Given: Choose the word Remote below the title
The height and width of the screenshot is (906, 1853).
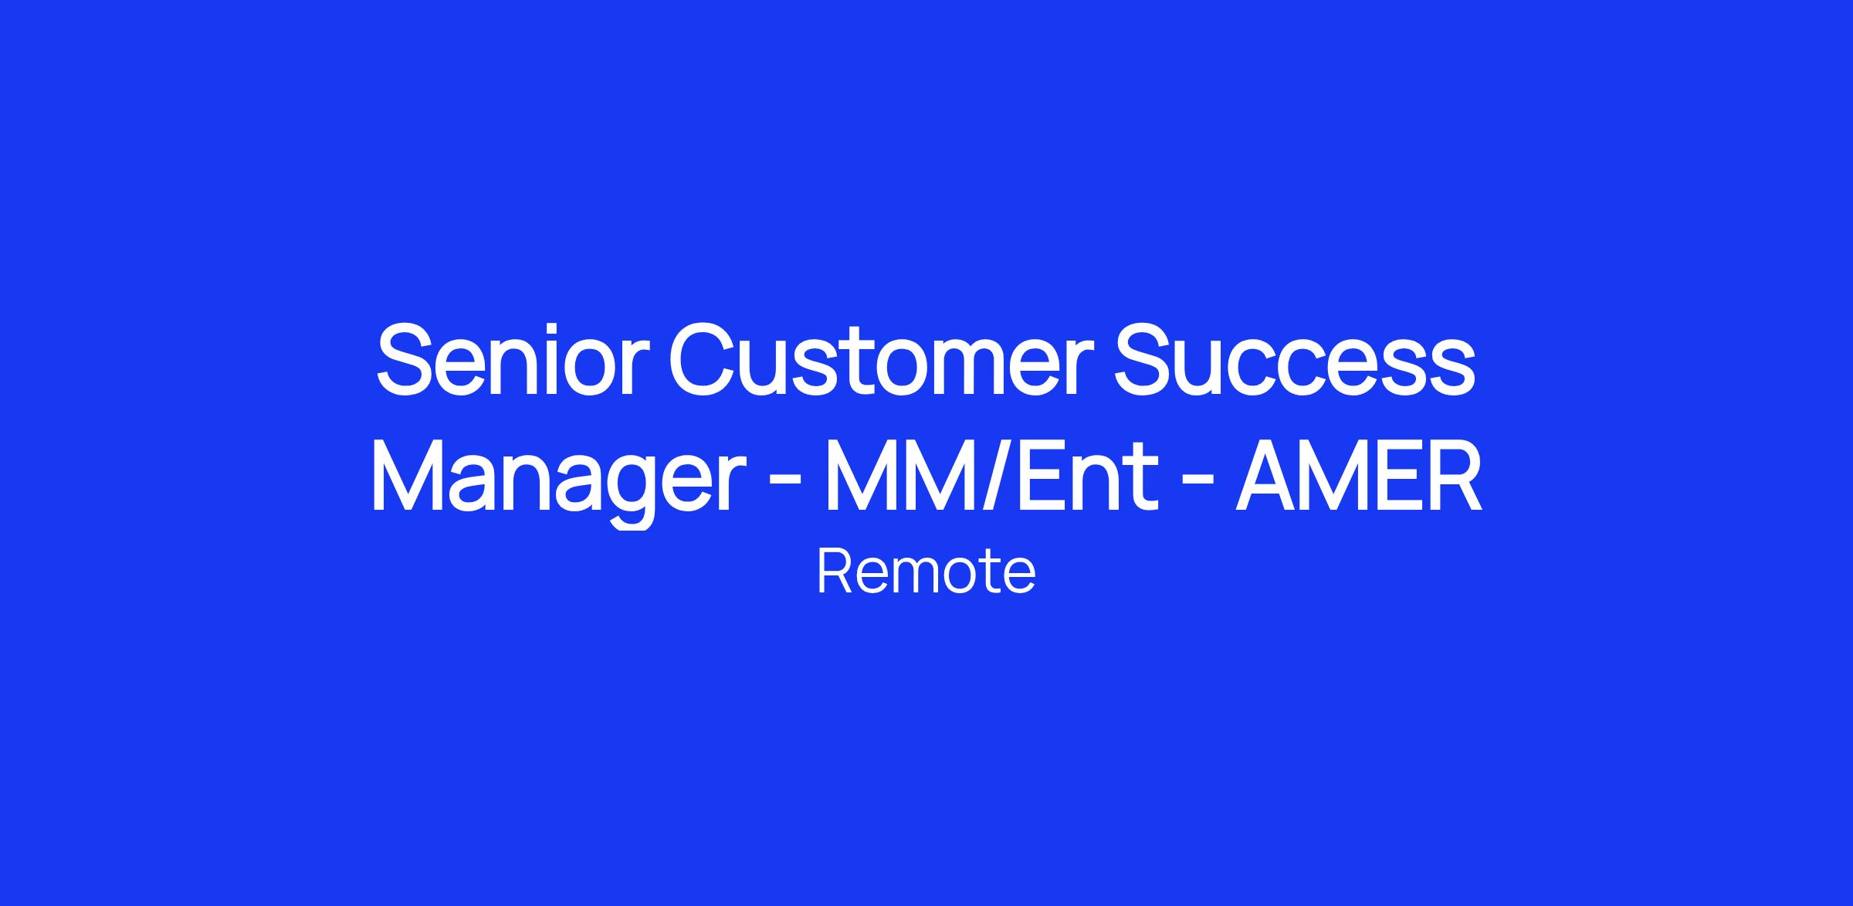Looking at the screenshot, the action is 926,572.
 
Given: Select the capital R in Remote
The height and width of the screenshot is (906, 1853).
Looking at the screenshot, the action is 834,572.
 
